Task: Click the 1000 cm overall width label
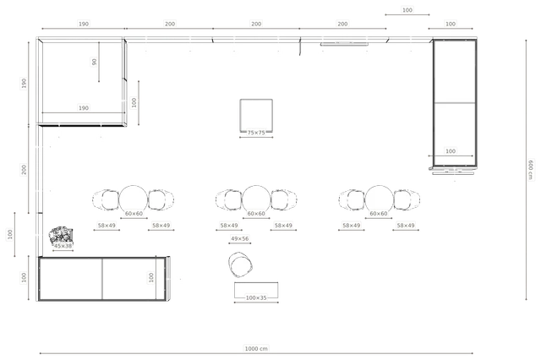pos(256,348)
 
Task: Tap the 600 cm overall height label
pos(530,170)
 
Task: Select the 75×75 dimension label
pos(256,133)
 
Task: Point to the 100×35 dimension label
pos(256,297)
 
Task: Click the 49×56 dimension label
pos(240,238)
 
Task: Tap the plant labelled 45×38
pos(61,235)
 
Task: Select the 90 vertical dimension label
pos(94,62)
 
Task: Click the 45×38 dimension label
pos(63,246)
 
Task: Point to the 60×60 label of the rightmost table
pos(379,214)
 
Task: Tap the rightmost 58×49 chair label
pos(406,225)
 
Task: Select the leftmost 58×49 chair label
pos(107,225)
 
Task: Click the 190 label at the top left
pos(84,24)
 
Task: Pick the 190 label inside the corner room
pos(84,108)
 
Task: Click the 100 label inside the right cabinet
pos(451,151)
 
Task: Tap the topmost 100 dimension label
pos(407,10)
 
